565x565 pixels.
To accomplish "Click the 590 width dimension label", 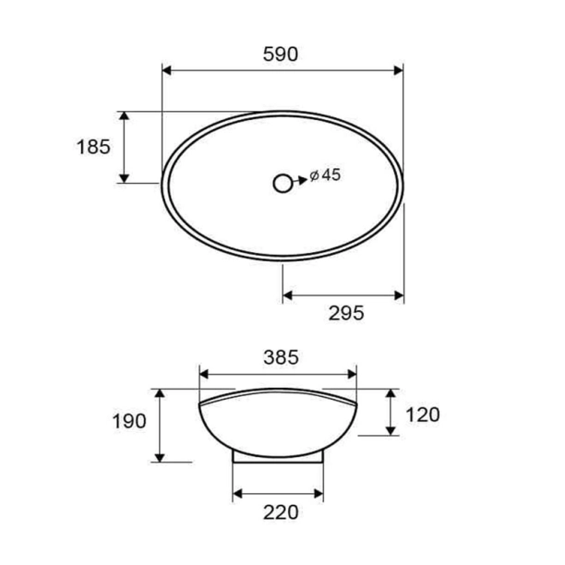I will (282, 54).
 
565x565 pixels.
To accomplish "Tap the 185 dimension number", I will (94, 146).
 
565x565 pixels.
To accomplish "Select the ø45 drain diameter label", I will (326, 175).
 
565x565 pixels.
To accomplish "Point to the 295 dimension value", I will (346, 314).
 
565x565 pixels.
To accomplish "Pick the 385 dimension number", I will (281, 355).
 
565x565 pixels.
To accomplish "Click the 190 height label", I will (129, 422).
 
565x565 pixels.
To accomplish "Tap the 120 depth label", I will (422, 414).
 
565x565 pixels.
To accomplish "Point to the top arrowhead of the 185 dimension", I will (124, 116).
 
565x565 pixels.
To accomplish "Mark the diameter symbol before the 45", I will (315, 175).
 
